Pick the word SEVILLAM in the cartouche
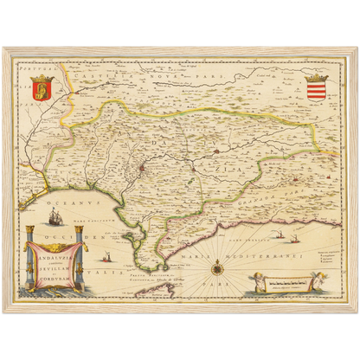pyautogui.click(x=49, y=269)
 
